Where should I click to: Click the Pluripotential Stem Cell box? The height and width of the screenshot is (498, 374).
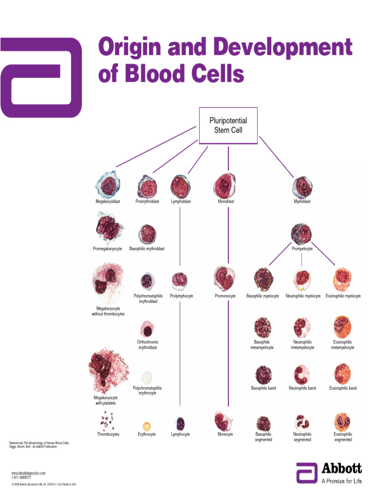click(x=228, y=125)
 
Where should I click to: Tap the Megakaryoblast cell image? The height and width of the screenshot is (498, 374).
click(x=108, y=185)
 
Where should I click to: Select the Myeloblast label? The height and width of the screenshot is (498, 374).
click(x=302, y=201)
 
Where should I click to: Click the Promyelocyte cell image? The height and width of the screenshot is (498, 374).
click(x=302, y=234)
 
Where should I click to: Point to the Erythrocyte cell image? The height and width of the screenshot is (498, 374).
click(x=147, y=427)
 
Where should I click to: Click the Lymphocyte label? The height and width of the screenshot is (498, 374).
click(x=180, y=434)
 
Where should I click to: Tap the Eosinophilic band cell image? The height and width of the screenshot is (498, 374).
click(x=343, y=373)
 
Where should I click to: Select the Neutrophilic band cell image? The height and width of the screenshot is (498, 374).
click(x=302, y=373)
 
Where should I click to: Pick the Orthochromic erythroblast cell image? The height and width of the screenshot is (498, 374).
click(x=147, y=329)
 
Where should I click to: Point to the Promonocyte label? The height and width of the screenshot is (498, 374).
click(x=225, y=296)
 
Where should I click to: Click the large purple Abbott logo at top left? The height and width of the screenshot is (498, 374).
click(x=41, y=77)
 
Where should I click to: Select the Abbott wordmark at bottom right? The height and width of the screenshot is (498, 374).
click(x=341, y=469)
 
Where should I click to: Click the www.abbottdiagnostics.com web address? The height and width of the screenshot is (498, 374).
click(x=28, y=473)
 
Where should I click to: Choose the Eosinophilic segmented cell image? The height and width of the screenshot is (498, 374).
click(x=343, y=421)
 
